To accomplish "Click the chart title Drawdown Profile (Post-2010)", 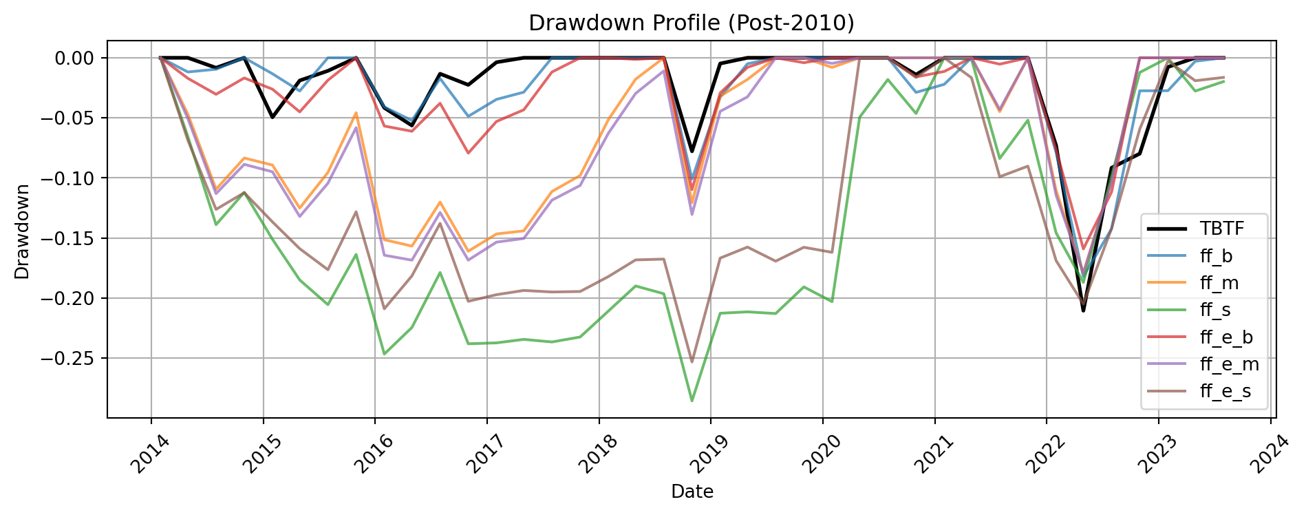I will [691, 23].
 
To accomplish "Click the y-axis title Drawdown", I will [22, 231].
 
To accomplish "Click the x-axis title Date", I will [692, 492].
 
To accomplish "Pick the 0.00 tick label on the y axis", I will [74, 58].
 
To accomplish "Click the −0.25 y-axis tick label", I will [69, 359].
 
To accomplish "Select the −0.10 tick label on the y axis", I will [69, 178].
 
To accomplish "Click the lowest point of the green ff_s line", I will [692, 401].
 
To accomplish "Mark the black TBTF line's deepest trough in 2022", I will [1083, 311].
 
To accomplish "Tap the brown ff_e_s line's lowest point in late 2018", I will [692, 362].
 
